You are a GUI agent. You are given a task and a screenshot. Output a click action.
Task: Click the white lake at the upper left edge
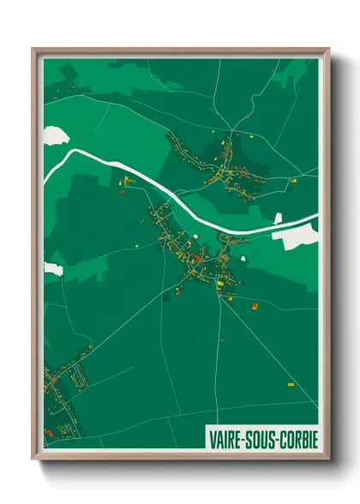[x=53, y=134]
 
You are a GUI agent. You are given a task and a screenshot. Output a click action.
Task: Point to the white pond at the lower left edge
[x=51, y=269]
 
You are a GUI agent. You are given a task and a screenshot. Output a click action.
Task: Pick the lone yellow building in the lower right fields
[x=289, y=385]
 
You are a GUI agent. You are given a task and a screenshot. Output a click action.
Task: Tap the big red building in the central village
[x=198, y=256]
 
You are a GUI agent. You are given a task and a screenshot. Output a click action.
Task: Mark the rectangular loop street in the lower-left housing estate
[x=80, y=374]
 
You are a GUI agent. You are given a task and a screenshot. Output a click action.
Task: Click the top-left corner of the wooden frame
[x=33, y=50]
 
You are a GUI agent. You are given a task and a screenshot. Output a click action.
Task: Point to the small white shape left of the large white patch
[x=277, y=219]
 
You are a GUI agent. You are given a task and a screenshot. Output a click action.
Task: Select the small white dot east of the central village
[x=245, y=255]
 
